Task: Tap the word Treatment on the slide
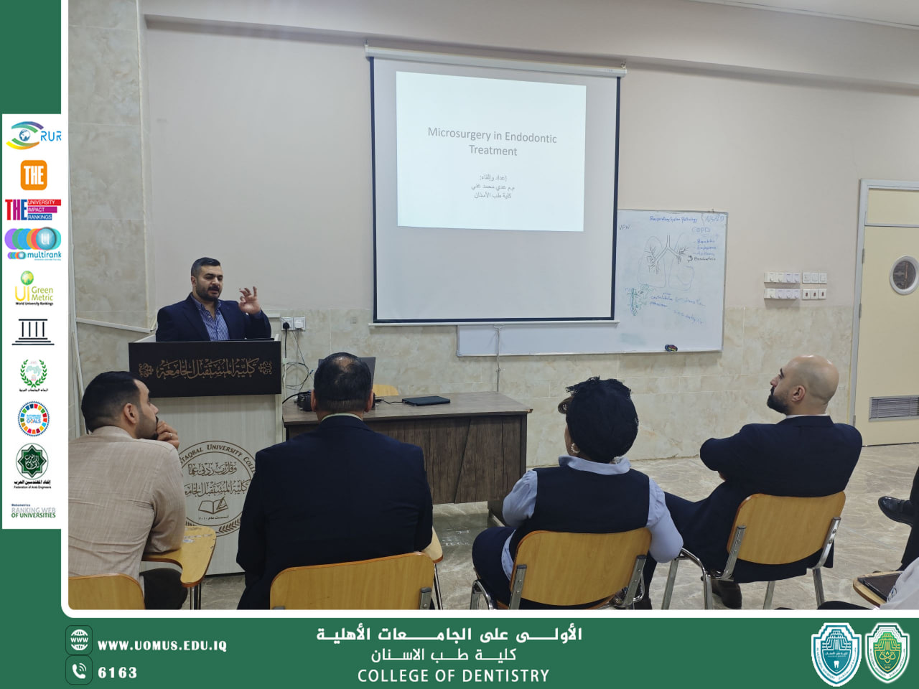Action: click(x=493, y=151)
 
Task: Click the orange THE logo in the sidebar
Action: click(x=34, y=174)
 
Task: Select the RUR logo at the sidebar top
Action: click(x=34, y=136)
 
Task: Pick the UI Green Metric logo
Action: click(x=34, y=288)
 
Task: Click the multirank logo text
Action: click(x=43, y=255)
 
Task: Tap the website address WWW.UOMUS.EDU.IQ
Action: click(x=162, y=646)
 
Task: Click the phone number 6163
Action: click(x=118, y=672)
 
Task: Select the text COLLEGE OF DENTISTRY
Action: click(x=453, y=676)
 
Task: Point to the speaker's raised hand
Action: click(x=249, y=299)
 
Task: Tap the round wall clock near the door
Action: click(x=904, y=276)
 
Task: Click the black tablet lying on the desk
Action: click(x=426, y=400)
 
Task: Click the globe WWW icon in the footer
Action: click(x=79, y=639)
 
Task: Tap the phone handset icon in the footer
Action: click(x=79, y=671)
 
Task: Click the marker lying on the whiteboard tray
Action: click(x=671, y=348)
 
